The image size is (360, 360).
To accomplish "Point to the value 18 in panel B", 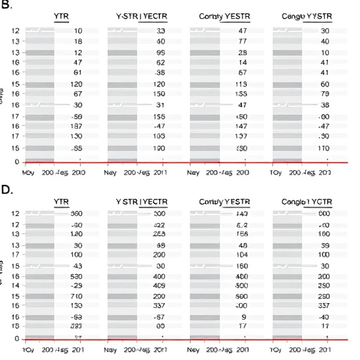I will pos(77,42).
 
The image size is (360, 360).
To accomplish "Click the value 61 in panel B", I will pos(77,72).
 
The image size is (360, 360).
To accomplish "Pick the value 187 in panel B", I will pos(77,125).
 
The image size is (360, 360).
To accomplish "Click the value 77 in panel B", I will pos(243,42).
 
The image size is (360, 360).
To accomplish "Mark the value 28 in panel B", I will pos(243,53).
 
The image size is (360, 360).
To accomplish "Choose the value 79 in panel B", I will pos(325,94).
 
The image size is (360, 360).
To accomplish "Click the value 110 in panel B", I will pos(324,148).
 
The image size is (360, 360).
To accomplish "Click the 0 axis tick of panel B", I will pos(16,162).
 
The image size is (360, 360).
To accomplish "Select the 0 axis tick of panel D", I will pos(16,339).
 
